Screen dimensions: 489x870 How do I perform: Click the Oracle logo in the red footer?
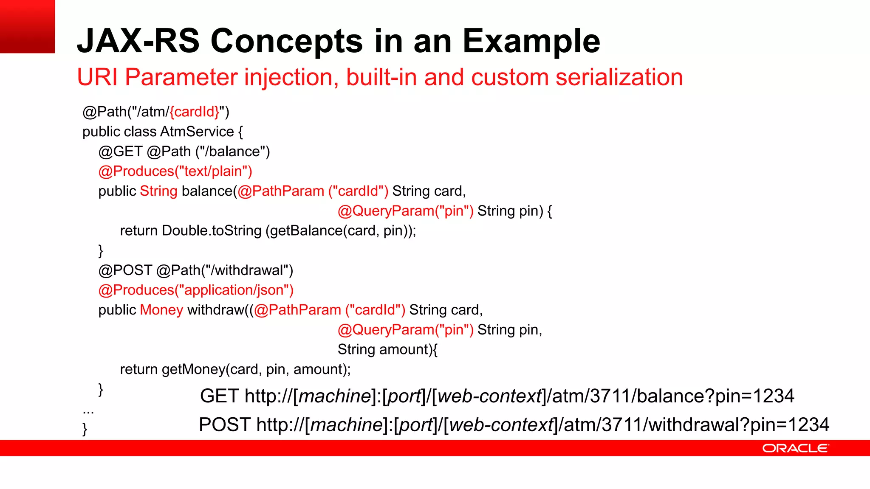[795, 448]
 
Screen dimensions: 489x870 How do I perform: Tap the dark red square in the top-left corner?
[27, 26]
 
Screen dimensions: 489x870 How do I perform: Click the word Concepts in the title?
[287, 41]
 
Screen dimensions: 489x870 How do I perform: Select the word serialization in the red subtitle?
[619, 77]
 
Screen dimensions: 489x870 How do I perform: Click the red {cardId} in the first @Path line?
[195, 112]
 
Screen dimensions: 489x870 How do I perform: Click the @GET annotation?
[120, 152]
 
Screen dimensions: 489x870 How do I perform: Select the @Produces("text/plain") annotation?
[175, 171]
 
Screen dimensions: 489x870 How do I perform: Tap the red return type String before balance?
[158, 191]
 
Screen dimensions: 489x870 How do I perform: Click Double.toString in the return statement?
[212, 230]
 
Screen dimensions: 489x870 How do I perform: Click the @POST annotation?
[125, 270]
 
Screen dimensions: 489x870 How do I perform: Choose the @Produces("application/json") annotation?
[196, 290]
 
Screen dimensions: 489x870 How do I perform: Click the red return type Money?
[161, 310]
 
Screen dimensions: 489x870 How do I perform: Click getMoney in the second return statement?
[193, 369]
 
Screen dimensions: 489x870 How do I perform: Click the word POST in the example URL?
[224, 424]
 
